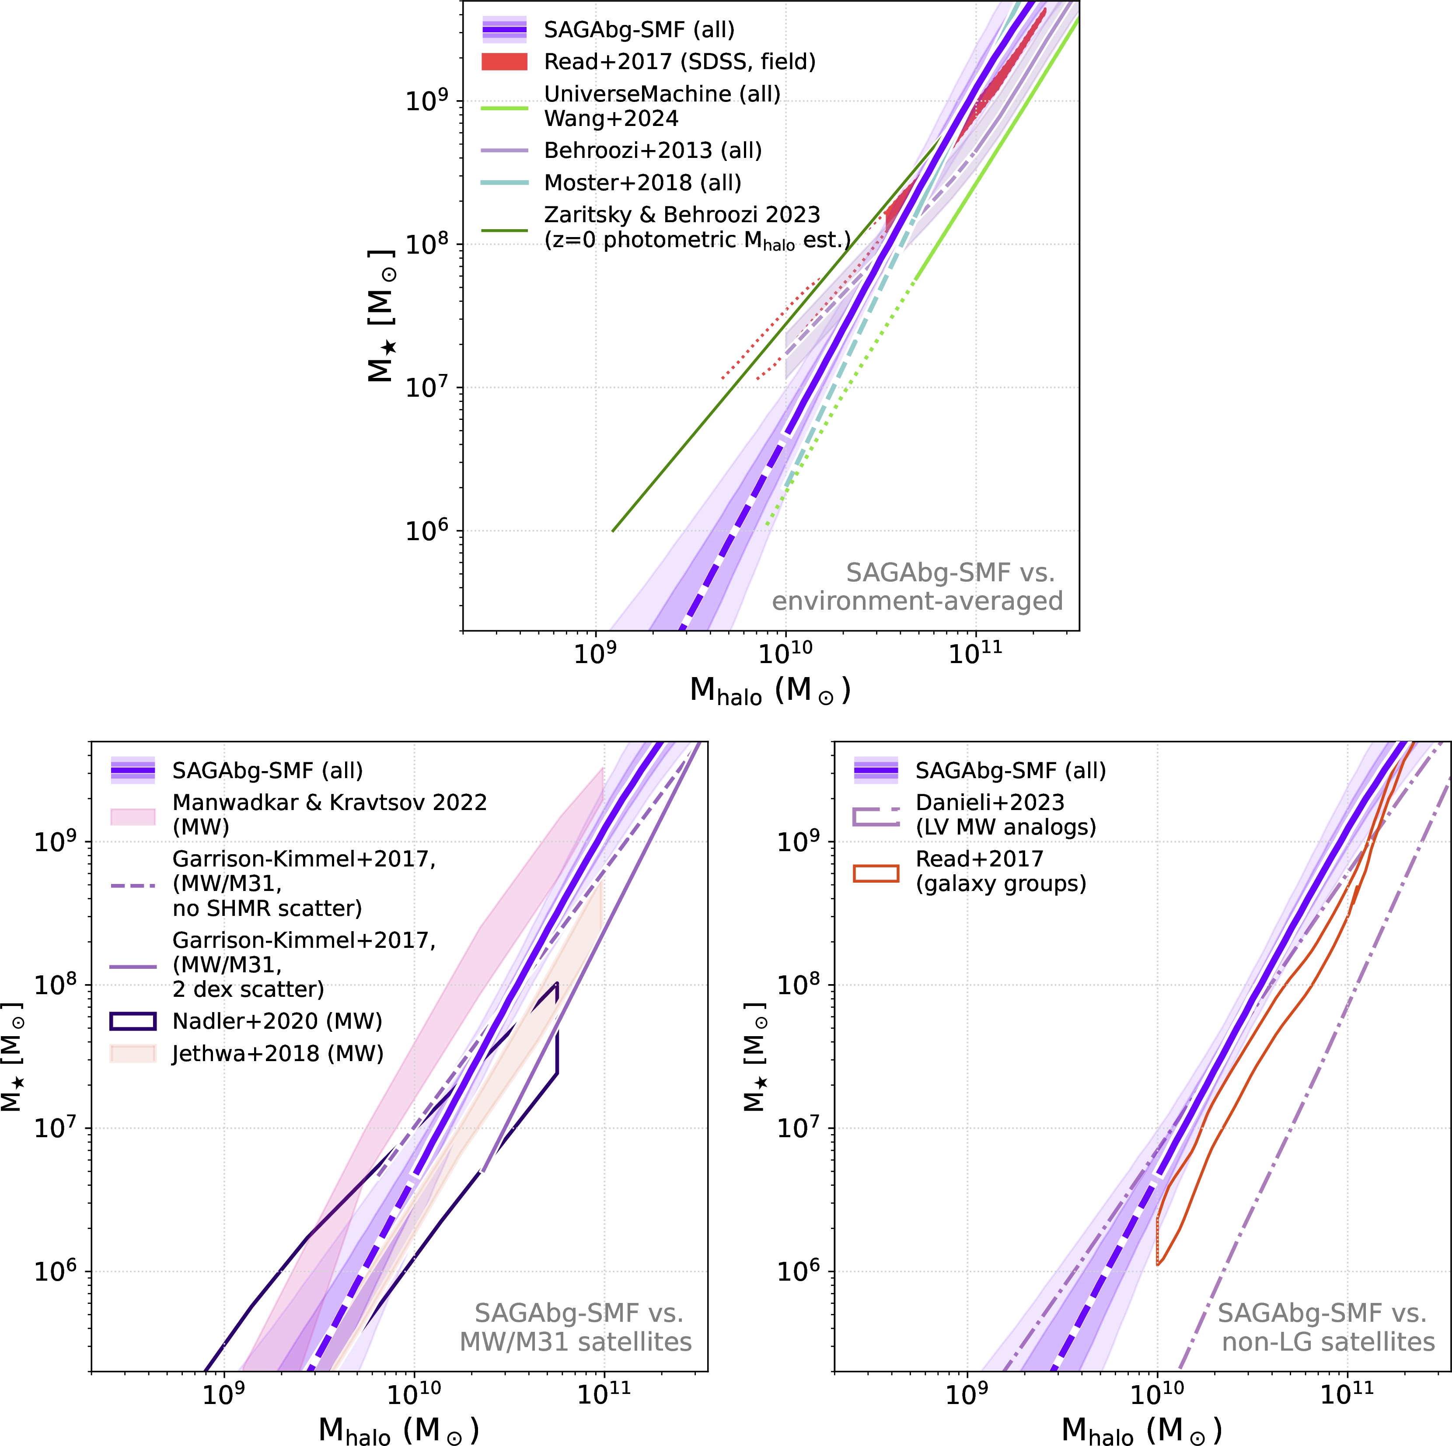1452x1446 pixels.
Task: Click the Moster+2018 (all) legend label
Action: point(642,183)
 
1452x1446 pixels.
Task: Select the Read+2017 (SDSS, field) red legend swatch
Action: point(504,62)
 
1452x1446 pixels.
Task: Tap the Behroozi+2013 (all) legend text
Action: point(653,150)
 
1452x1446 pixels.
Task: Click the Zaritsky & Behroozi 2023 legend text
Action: point(682,215)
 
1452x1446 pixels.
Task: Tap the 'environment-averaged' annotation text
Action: point(917,601)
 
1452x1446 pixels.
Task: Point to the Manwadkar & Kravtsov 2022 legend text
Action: point(329,803)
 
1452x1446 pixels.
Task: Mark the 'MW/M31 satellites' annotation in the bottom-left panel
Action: point(576,1341)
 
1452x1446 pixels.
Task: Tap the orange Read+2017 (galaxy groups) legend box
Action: point(876,873)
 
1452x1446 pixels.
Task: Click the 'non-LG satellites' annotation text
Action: point(1328,1341)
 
